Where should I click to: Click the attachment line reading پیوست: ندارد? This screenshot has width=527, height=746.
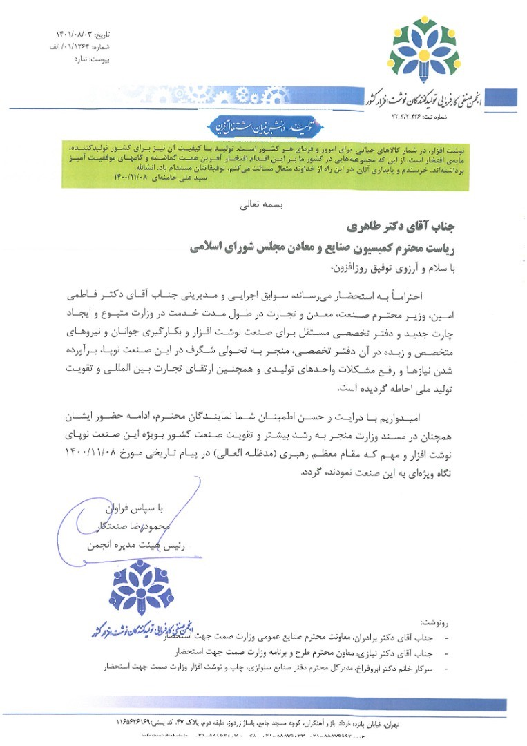pos(91,60)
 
